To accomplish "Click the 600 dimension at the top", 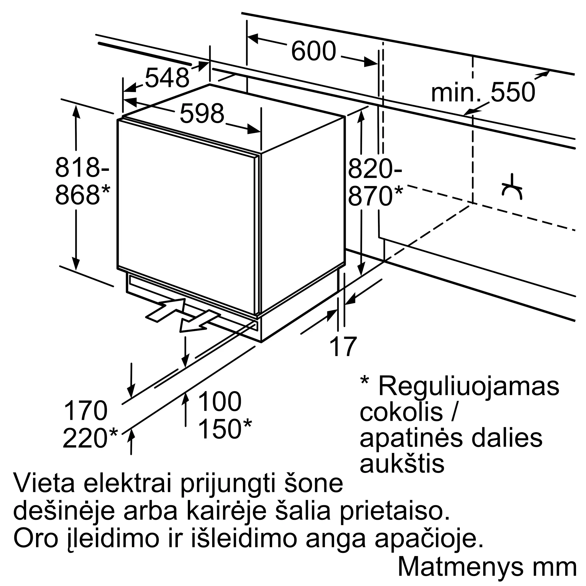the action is click(314, 51).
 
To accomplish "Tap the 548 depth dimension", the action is click(167, 78).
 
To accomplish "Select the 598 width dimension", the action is click(202, 113).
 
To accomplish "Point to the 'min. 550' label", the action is click(483, 92).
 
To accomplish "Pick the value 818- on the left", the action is click(82, 167).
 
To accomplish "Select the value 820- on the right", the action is click(375, 169).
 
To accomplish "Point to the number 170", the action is click(86, 411).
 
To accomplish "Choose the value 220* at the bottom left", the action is click(90, 438).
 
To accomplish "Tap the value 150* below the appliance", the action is click(225, 429).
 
